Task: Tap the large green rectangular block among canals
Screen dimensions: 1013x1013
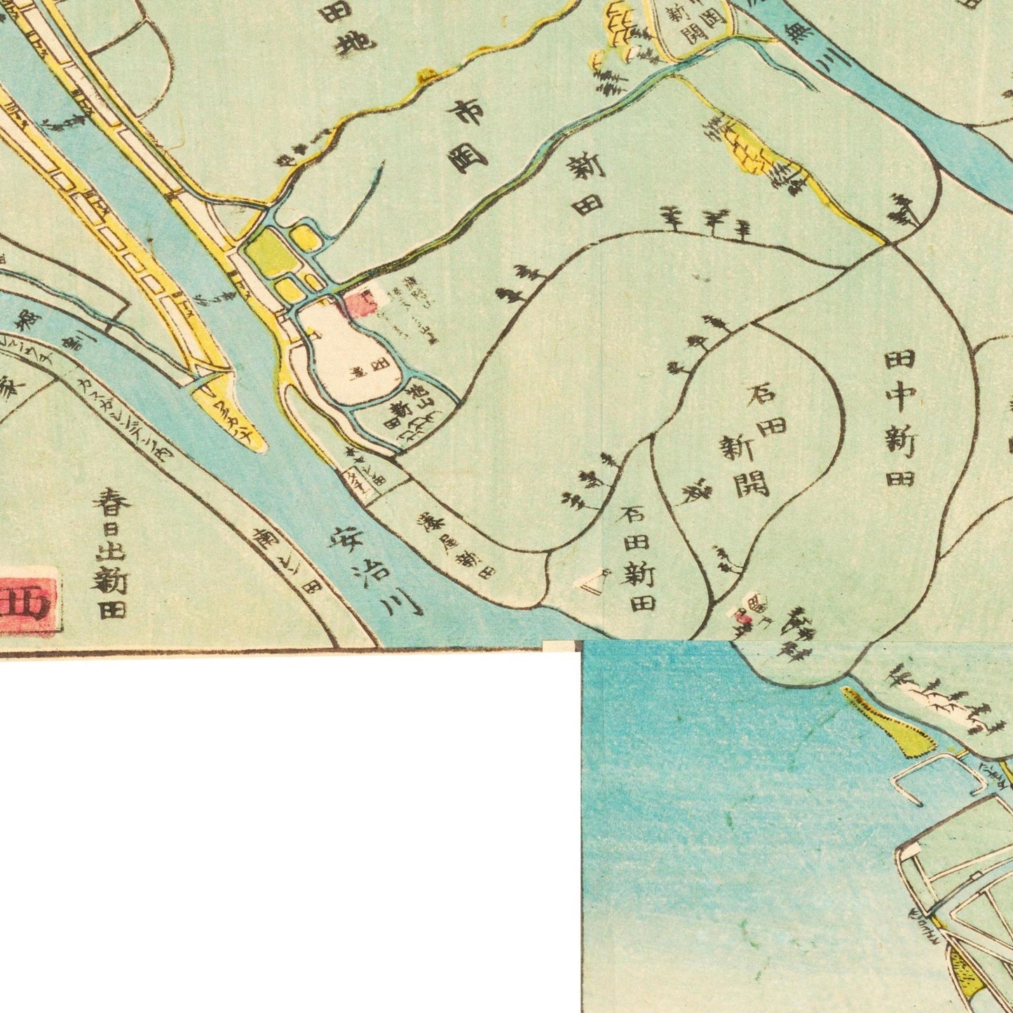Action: [x=268, y=253]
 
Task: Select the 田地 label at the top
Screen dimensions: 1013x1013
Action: [x=347, y=28]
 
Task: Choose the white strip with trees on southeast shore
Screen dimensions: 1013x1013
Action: [x=939, y=701]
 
